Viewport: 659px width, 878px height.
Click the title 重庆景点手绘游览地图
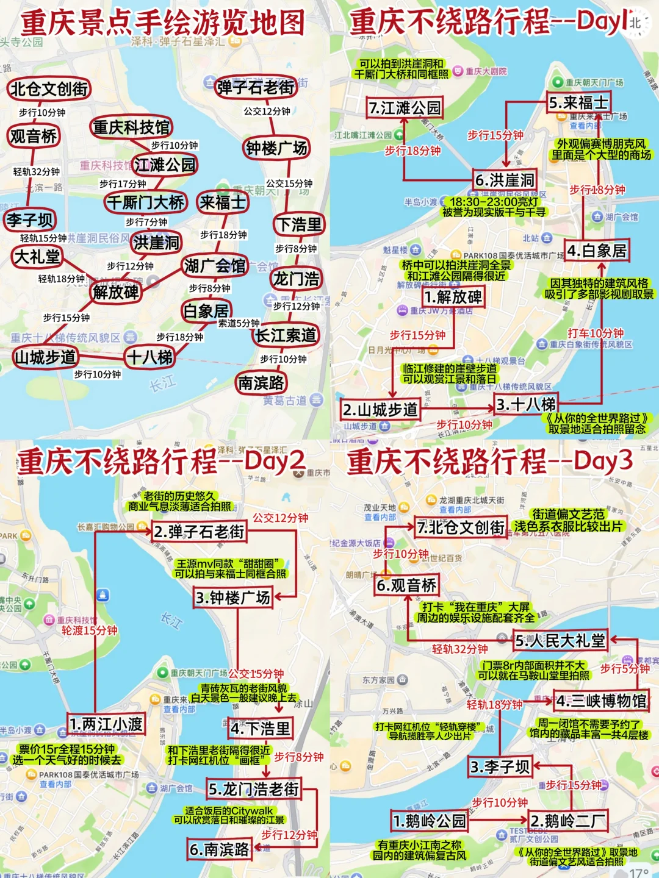(x=163, y=23)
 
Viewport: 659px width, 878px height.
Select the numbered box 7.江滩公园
(x=405, y=108)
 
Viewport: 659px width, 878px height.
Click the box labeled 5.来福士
(x=578, y=102)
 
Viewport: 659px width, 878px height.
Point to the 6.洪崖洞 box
(x=505, y=180)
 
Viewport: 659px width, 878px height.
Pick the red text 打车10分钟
(x=596, y=333)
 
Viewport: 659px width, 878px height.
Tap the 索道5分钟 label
(x=239, y=323)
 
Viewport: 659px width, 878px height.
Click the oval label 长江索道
(x=286, y=335)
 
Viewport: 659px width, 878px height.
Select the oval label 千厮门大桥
(x=145, y=202)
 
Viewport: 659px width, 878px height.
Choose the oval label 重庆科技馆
(x=131, y=127)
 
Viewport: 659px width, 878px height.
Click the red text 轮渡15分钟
(x=89, y=630)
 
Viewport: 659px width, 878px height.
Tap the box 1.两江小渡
(x=106, y=724)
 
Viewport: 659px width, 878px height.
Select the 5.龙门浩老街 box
(x=254, y=789)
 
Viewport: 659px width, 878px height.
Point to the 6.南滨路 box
(x=220, y=849)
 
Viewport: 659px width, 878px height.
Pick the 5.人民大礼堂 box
(x=560, y=641)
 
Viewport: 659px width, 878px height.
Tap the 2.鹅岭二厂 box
(x=567, y=821)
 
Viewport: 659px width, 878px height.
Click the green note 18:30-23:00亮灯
(x=494, y=202)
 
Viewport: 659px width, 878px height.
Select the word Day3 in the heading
(x=603, y=461)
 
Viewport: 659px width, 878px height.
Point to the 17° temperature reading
(x=638, y=873)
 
